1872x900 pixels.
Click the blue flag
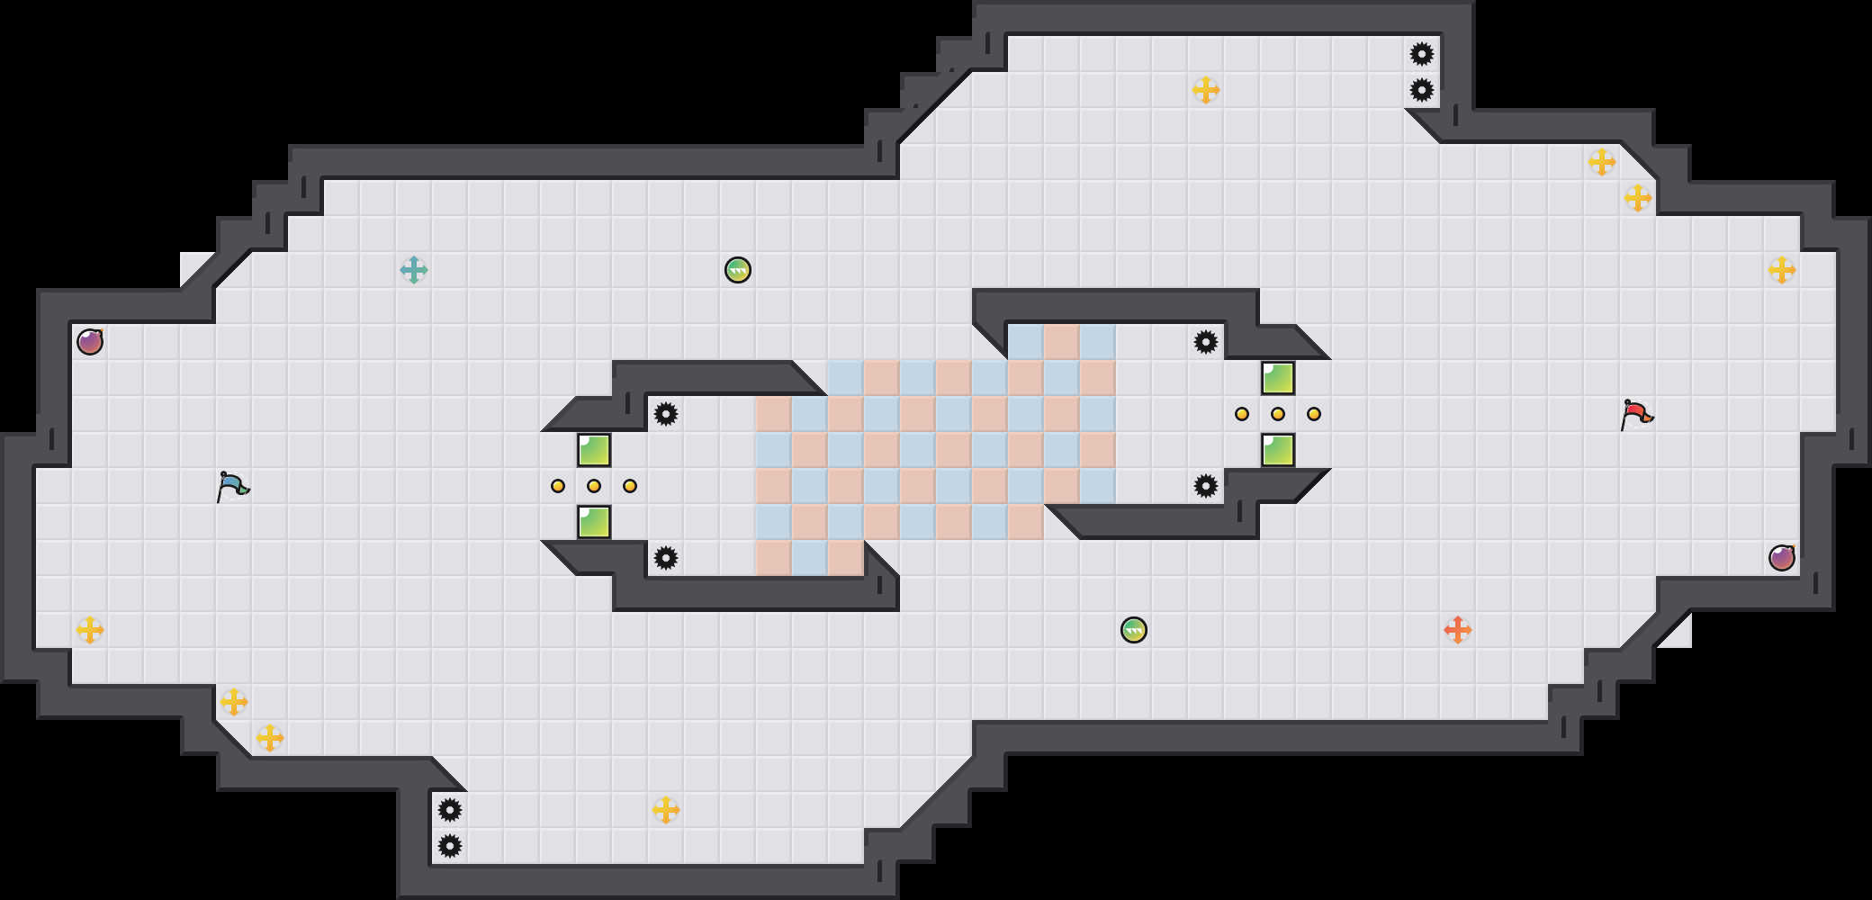coord(232,486)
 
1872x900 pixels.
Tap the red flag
coord(1636,414)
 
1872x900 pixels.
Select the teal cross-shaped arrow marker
coord(414,270)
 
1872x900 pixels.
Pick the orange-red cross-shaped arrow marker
coord(1458,630)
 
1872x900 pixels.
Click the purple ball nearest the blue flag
coord(90,342)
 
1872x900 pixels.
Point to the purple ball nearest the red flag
coord(1782,558)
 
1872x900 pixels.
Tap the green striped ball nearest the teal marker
coord(738,270)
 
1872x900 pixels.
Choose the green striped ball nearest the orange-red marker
coord(1134,630)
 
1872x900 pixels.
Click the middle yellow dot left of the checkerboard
coord(594,486)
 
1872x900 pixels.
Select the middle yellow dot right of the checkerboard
coord(1278,414)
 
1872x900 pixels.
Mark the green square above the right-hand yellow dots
coord(1278,378)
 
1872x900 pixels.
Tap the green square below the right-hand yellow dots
coord(1278,450)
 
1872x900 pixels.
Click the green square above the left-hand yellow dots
coord(594,450)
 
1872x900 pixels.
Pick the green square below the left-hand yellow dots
coord(594,522)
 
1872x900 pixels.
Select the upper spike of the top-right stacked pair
coord(1422,54)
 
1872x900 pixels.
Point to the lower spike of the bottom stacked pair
coord(450,846)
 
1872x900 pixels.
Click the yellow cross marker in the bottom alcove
coord(666,810)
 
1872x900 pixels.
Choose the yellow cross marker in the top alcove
coord(1206,90)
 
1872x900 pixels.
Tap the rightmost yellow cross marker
coord(1782,270)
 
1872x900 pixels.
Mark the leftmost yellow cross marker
coord(90,630)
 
